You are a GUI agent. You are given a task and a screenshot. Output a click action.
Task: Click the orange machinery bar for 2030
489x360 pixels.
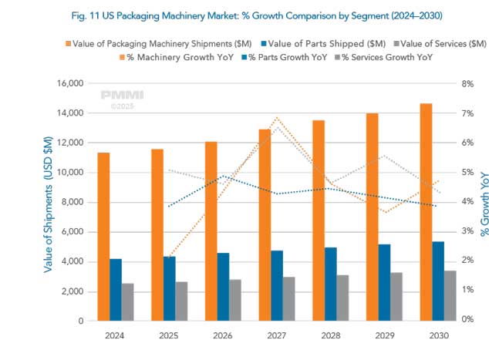[x=426, y=212]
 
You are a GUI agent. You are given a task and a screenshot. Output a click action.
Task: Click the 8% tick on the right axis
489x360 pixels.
[x=467, y=83]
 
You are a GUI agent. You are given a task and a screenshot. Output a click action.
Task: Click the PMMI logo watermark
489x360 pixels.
[x=116, y=96]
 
